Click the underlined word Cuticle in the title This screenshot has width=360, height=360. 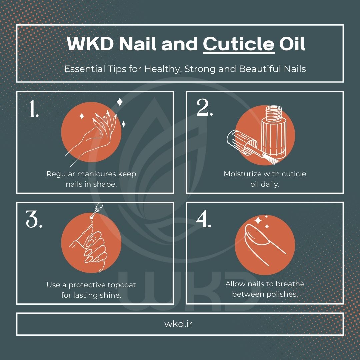(x=238, y=44)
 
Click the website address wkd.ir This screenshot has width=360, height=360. (x=178, y=324)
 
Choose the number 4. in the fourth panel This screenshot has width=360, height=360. (x=203, y=219)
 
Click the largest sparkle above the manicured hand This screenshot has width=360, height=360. (x=120, y=102)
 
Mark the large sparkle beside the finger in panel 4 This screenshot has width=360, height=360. (x=258, y=221)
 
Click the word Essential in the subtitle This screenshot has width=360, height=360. (x=79, y=69)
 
